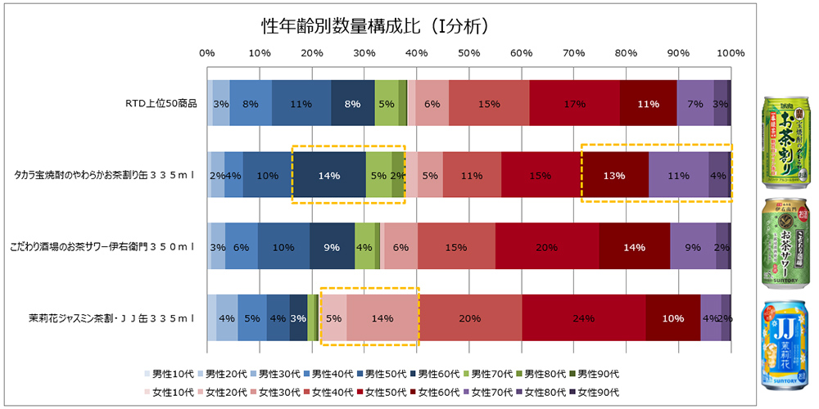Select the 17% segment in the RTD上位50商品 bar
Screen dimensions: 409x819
point(574,104)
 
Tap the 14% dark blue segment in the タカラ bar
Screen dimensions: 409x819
point(329,175)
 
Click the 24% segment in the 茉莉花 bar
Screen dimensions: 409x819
point(583,317)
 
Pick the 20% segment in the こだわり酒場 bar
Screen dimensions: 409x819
point(546,246)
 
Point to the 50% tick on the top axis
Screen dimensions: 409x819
point(468,53)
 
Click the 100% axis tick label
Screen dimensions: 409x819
point(730,53)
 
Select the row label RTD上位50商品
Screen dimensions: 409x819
point(161,104)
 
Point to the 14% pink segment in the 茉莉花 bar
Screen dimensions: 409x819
point(382,317)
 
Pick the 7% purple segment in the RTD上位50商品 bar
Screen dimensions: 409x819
point(695,104)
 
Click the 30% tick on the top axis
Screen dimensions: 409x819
point(364,53)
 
